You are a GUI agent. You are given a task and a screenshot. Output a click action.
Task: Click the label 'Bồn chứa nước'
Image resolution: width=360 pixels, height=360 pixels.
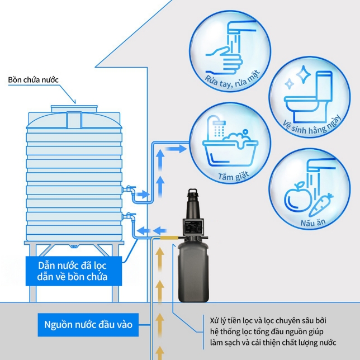[x=34, y=79]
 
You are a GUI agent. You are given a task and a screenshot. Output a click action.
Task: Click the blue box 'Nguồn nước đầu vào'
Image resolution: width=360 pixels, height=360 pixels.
[x=88, y=324]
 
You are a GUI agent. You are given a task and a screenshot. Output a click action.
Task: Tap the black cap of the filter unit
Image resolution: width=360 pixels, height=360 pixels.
[x=193, y=197]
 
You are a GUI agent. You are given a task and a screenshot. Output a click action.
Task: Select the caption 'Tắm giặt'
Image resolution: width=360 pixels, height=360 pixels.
[x=233, y=177]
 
